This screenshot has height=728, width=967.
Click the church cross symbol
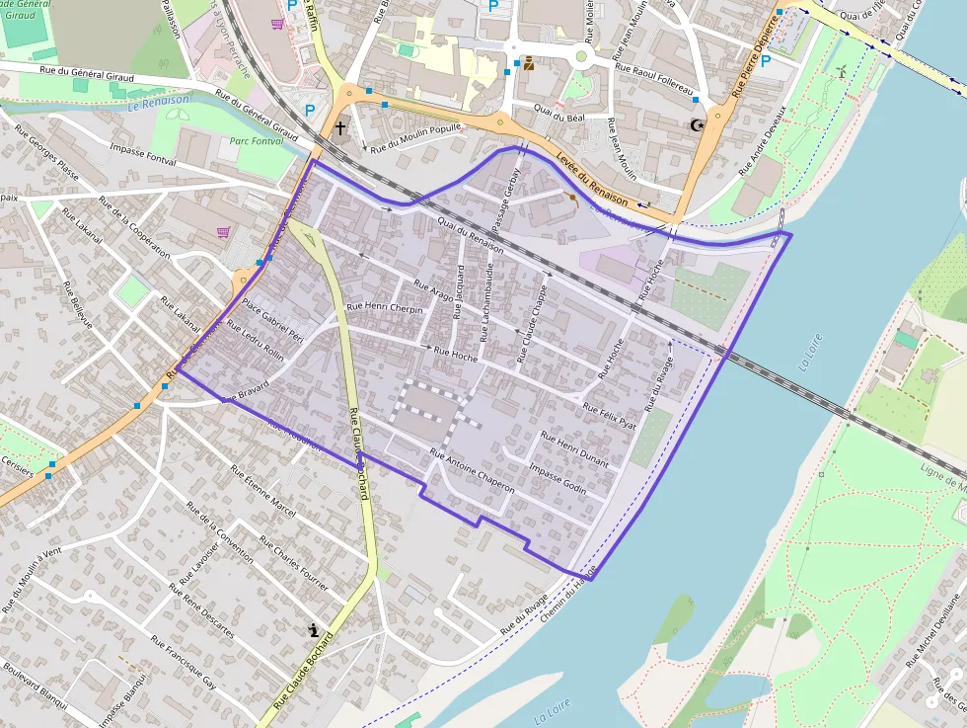pyautogui.click(x=340, y=127)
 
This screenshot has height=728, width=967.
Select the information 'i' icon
pyautogui.click(x=314, y=629)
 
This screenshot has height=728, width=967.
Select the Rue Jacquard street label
pyautogui.click(x=458, y=293)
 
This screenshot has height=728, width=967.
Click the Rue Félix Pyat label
pyautogui.click(x=610, y=414)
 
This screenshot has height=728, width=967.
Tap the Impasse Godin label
pyautogui.click(x=558, y=478)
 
